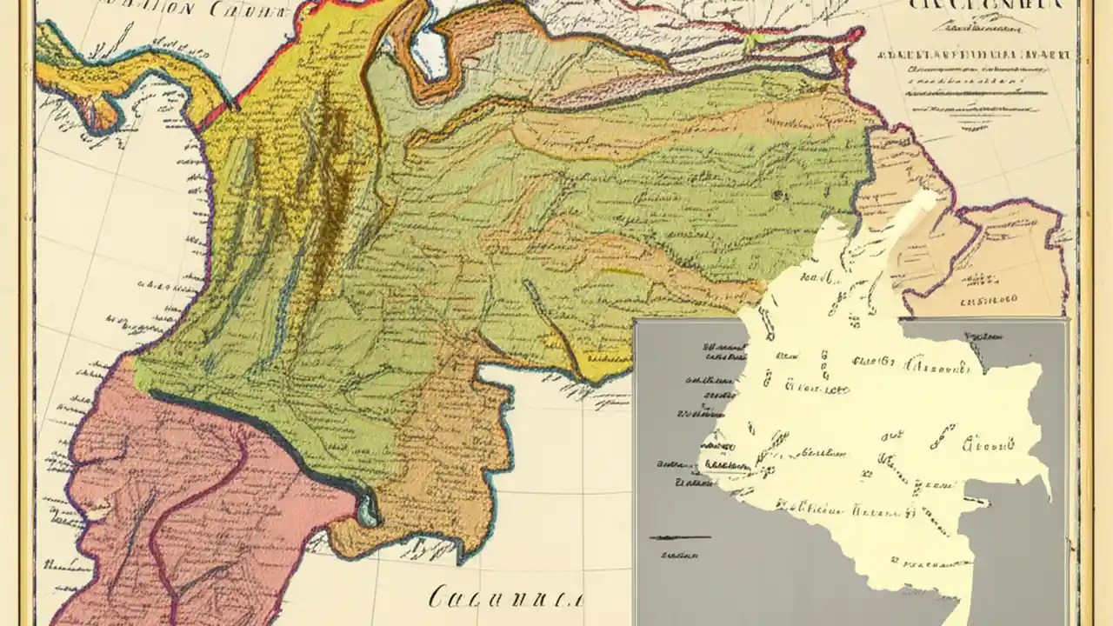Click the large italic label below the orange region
click(x=505, y=597)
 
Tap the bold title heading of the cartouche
click(x=985, y=7)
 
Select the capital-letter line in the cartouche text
click(x=974, y=54)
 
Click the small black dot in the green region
click(x=779, y=194)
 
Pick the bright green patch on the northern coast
click(x=750, y=39)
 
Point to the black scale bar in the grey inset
click(x=679, y=537)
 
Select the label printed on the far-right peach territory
click(x=987, y=300)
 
